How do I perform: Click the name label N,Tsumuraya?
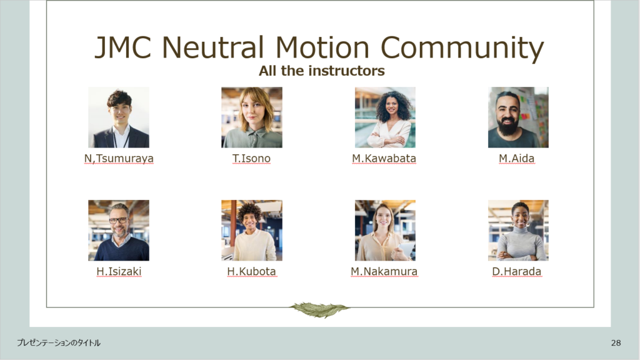(x=119, y=158)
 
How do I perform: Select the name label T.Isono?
(x=251, y=158)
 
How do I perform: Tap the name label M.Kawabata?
(x=384, y=158)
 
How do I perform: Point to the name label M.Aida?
(x=516, y=158)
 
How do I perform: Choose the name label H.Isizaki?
(x=119, y=271)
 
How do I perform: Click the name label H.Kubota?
(x=251, y=271)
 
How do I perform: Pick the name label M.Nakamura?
(x=384, y=271)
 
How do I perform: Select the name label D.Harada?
(x=517, y=271)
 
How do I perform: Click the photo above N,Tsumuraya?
(x=119, y=117)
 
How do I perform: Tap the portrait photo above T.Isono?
(x=252, y=117)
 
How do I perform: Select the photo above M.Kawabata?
(x=385, y=117)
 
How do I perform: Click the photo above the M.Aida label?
(x=518, y=117)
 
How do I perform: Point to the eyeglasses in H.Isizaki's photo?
(x=118, y=221)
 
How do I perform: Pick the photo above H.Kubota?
(x=252, y=230)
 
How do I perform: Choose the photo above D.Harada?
(x=518, y=230)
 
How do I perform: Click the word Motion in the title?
(x=322, y=47)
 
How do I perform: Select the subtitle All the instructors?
(x=322, y=71)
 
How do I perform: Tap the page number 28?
(x=616, y=343)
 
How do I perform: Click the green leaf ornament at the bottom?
(x=319, y=309)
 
